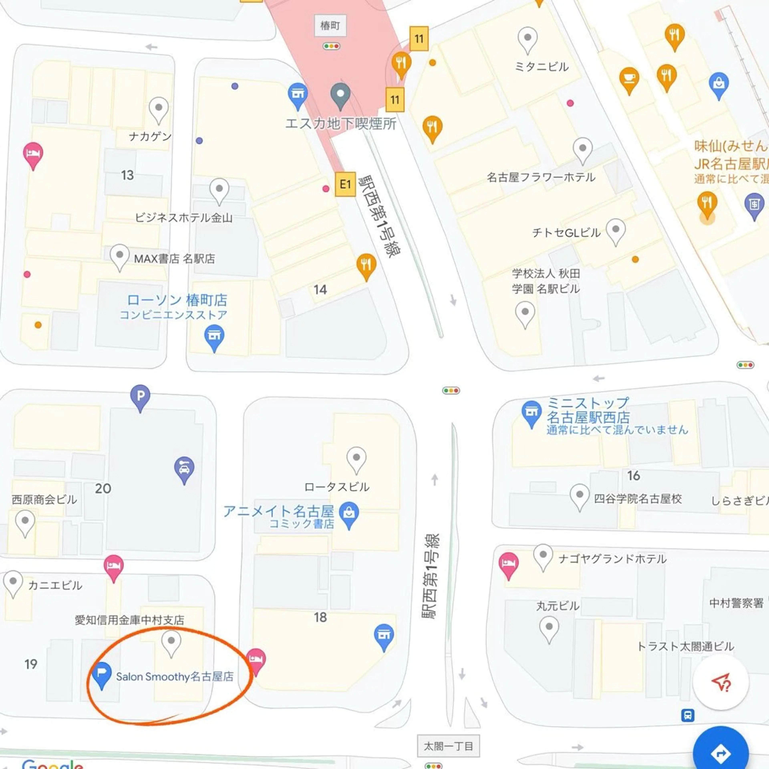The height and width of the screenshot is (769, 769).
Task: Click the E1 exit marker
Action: [x=345, y=184]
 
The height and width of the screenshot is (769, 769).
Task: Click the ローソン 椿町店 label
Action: [x=177, y=300]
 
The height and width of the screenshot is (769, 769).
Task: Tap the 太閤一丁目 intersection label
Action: [x=448, y=746]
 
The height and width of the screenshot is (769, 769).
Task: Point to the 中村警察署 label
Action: [x=736, y=603]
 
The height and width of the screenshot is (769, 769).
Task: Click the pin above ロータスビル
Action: [x=356, y=459]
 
